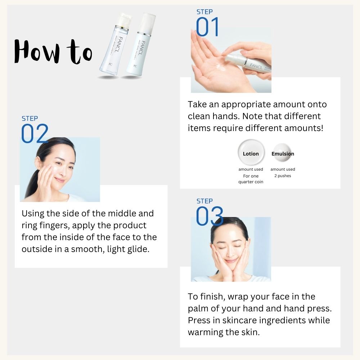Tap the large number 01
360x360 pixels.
tap(207, 28)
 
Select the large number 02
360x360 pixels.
tap(35, 134)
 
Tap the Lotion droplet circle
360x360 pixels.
tap(251, 153)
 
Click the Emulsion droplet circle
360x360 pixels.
tap(283, 153)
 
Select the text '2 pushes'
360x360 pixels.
tap(283, 176)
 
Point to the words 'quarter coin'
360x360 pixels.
tap(251, 182)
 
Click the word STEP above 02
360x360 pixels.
tap(30, 118)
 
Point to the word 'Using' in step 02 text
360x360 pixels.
tap(33, 213)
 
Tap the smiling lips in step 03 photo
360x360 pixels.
tap(230, 260)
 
